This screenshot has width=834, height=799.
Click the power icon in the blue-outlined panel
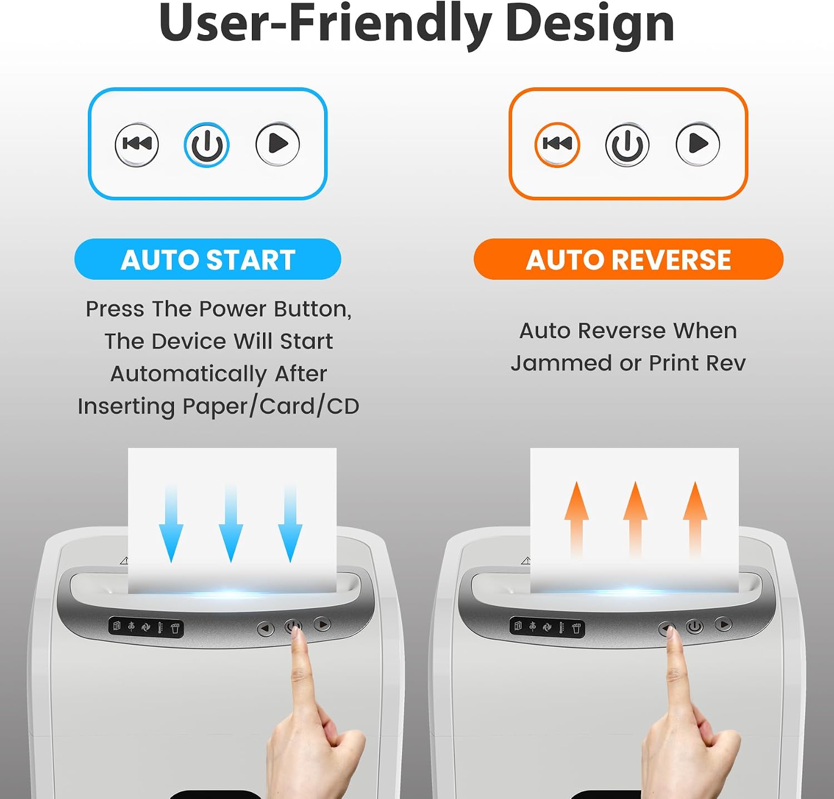(x=206, y=145)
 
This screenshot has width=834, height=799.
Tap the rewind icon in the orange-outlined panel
(x=557, y=145)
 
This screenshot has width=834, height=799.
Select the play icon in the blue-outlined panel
(x=278, y=144)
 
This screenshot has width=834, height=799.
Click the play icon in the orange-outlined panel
(x=698, y=144)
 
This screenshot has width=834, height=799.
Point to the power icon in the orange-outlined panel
(x=627, y=145)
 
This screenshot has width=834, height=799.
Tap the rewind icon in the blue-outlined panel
(x=137, y=145)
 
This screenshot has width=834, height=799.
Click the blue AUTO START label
(x=208, y=259)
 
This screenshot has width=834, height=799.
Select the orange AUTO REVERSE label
(x=628, y=259)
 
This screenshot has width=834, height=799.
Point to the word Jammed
(x=561, y=363)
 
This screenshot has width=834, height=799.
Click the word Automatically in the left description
(x=188, y=374)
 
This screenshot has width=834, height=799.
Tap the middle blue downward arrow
(x=231, y=523)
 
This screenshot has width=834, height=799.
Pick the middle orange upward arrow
(x=636, y=519)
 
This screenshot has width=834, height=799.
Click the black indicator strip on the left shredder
(x=146, y=627)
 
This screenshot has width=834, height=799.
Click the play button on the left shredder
(x=322, y=624)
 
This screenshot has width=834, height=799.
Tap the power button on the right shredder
(x=694, y=627)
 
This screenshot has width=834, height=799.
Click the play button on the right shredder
(x=723, y=624)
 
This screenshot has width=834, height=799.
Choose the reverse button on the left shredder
(x=266, y=629)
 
